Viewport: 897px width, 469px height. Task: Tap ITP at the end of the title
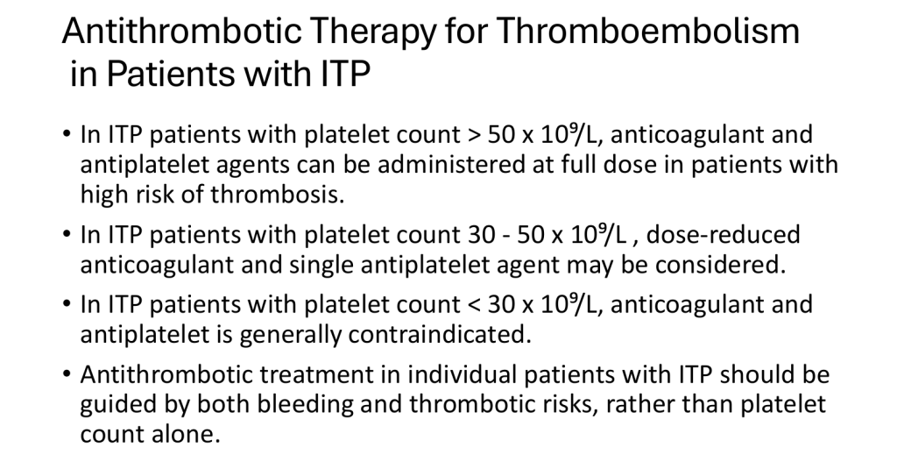[x=345, y=74]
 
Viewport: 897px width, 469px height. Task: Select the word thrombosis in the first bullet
[x=278, y=194]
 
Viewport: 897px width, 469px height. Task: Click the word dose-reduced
[x=723, y=235]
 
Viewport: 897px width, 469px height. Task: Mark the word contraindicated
[x=440, y=334]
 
